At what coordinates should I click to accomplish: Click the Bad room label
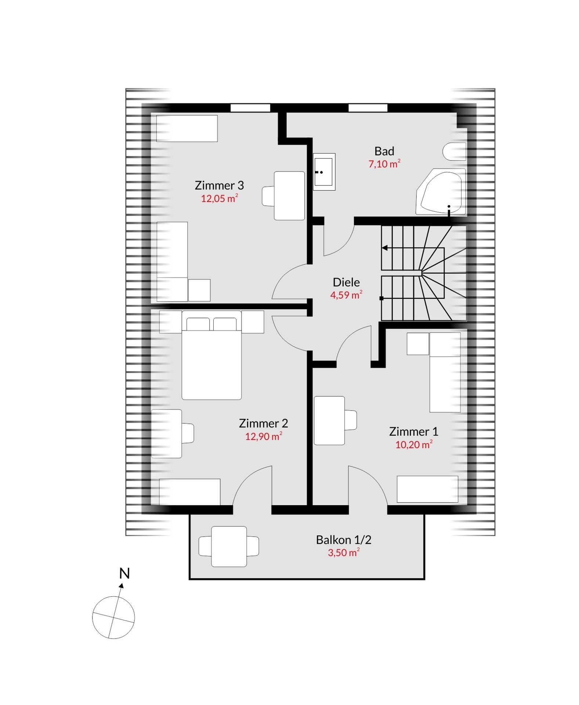click(384, 151)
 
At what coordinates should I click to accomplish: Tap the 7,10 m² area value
click(384, 164)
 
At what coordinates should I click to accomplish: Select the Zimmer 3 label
click(219, 185)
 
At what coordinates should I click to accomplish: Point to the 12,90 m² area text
click(264, 436)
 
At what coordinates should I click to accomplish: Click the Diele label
click(346, 282)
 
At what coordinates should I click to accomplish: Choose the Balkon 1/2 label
click(344, 540)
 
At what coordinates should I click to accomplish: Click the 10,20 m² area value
click(414, 444)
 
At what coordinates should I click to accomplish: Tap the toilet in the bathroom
click(455, 151)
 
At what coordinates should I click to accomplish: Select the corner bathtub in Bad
click(441, 192)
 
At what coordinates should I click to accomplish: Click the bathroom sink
click(324, 171)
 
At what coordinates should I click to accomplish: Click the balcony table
click(229, 546)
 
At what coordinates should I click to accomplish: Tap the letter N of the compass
click(125, 574)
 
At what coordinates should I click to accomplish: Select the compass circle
click(113, 597)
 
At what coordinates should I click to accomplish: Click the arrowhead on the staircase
click(385, 248)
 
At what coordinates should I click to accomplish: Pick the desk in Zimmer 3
click(289, 196)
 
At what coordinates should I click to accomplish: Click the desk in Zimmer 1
click(330, 420)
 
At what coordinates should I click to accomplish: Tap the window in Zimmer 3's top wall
click(250, 108)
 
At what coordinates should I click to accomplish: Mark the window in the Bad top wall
click(368, 108)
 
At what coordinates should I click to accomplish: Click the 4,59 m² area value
click(346, 295)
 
